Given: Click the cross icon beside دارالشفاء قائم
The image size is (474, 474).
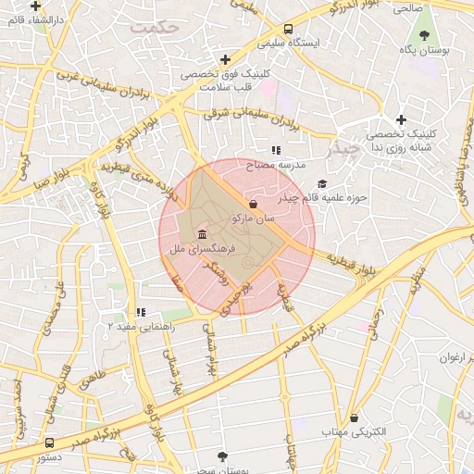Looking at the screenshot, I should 35,6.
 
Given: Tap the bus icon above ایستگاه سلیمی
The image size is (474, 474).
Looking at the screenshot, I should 289,29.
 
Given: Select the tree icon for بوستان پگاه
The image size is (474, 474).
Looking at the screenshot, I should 424,35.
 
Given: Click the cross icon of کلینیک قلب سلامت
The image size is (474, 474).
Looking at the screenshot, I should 225,60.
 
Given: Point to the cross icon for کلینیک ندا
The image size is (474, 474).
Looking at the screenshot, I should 401,119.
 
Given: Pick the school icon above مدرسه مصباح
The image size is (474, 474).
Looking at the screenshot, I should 275,149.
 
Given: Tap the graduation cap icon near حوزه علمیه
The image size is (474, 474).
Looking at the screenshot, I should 322,183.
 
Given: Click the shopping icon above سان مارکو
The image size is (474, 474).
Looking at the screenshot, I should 253,204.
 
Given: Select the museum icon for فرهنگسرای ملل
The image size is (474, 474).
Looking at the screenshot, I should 202,233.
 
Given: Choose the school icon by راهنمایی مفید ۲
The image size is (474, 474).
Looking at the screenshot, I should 140,312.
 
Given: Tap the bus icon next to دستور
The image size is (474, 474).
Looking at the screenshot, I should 48,443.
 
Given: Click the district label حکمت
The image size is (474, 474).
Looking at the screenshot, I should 153,28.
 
